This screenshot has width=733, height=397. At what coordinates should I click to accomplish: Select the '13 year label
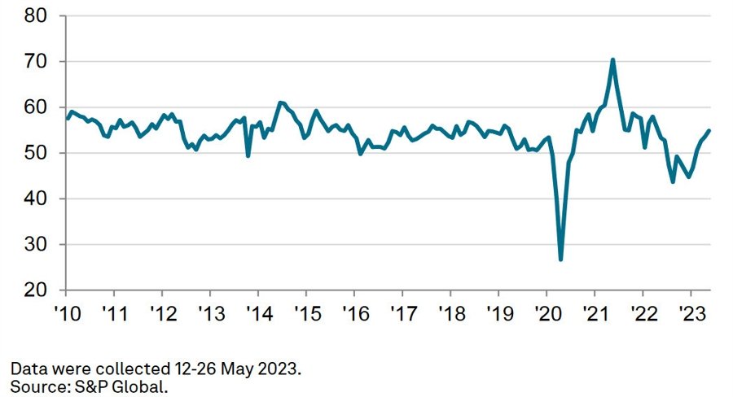point(210,312)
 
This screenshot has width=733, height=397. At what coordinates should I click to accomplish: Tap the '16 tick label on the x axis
point(354,312)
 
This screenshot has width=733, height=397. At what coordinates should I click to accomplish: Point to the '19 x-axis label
point(498,312)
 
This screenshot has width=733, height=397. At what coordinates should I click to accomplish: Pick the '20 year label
point(546,312)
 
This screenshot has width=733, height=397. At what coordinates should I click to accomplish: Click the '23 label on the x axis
point(691,312)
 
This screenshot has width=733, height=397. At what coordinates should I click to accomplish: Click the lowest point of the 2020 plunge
point(561,260)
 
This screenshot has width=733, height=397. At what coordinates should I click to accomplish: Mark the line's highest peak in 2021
point(612,59)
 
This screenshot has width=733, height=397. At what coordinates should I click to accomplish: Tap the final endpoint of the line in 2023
point(709,130)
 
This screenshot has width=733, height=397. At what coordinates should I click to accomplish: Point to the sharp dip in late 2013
point(248,155)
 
